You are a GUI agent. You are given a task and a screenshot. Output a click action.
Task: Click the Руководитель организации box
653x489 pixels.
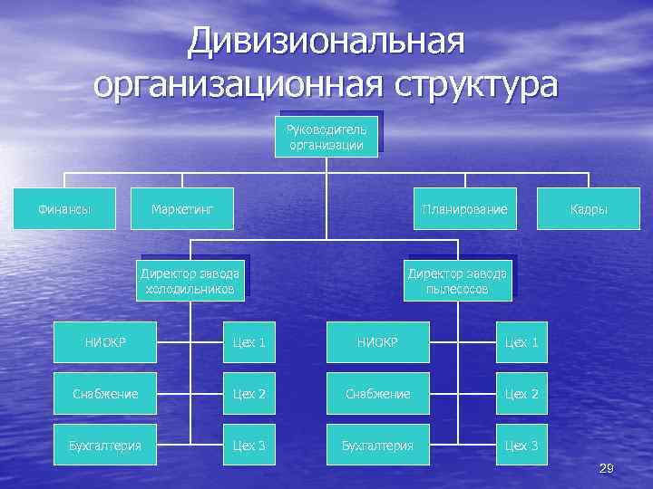(x=326, y=136)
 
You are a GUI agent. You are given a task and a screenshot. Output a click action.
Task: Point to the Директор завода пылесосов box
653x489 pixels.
(x=457, y=282)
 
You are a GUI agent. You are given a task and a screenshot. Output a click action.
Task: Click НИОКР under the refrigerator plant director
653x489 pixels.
(x=105, y=342)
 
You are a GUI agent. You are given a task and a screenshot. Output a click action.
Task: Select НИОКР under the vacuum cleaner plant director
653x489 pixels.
(x=377, y=342)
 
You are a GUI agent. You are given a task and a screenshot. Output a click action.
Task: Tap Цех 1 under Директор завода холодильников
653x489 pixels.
(x=249, y=342)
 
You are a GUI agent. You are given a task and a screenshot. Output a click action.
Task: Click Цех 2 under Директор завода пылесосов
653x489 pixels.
(x=521, y=394)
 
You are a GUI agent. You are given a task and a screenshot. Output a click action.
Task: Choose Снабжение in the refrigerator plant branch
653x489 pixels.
(x=105, y=394)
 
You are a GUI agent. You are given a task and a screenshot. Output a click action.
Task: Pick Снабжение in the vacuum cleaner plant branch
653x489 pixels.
(x=377, y=394)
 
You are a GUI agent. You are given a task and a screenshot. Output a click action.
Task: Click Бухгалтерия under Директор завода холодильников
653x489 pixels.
(x=105, y=446)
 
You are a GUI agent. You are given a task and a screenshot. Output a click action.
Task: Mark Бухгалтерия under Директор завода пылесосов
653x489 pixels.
(x=377, y=446)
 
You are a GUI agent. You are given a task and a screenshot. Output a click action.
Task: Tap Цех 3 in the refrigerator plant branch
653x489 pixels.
(x=249, y=446)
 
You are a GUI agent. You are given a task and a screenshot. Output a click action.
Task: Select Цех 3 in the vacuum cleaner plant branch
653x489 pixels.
(x=521, y=446)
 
